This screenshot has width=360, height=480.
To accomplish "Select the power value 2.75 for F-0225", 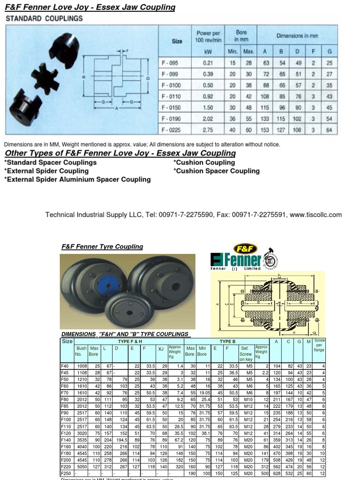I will coord(208,129).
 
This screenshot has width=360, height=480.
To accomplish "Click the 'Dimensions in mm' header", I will coord(297,36).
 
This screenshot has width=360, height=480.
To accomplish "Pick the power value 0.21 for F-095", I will coord(208,63).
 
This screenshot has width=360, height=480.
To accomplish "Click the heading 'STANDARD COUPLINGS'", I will coord(44,19).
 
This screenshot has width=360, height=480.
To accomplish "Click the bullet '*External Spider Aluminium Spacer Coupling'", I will coord(77,180).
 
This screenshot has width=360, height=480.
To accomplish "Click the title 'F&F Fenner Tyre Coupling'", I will coord(102,247).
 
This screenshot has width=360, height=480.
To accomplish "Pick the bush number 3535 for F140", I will coord(82,440).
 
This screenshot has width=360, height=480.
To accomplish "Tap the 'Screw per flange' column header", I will coord(319,345).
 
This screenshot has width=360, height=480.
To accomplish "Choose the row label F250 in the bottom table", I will coord(66,473).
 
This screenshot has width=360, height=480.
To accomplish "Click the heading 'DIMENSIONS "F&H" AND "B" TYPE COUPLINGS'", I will coord(125,334).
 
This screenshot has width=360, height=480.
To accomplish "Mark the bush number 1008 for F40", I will coord(82,365).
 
